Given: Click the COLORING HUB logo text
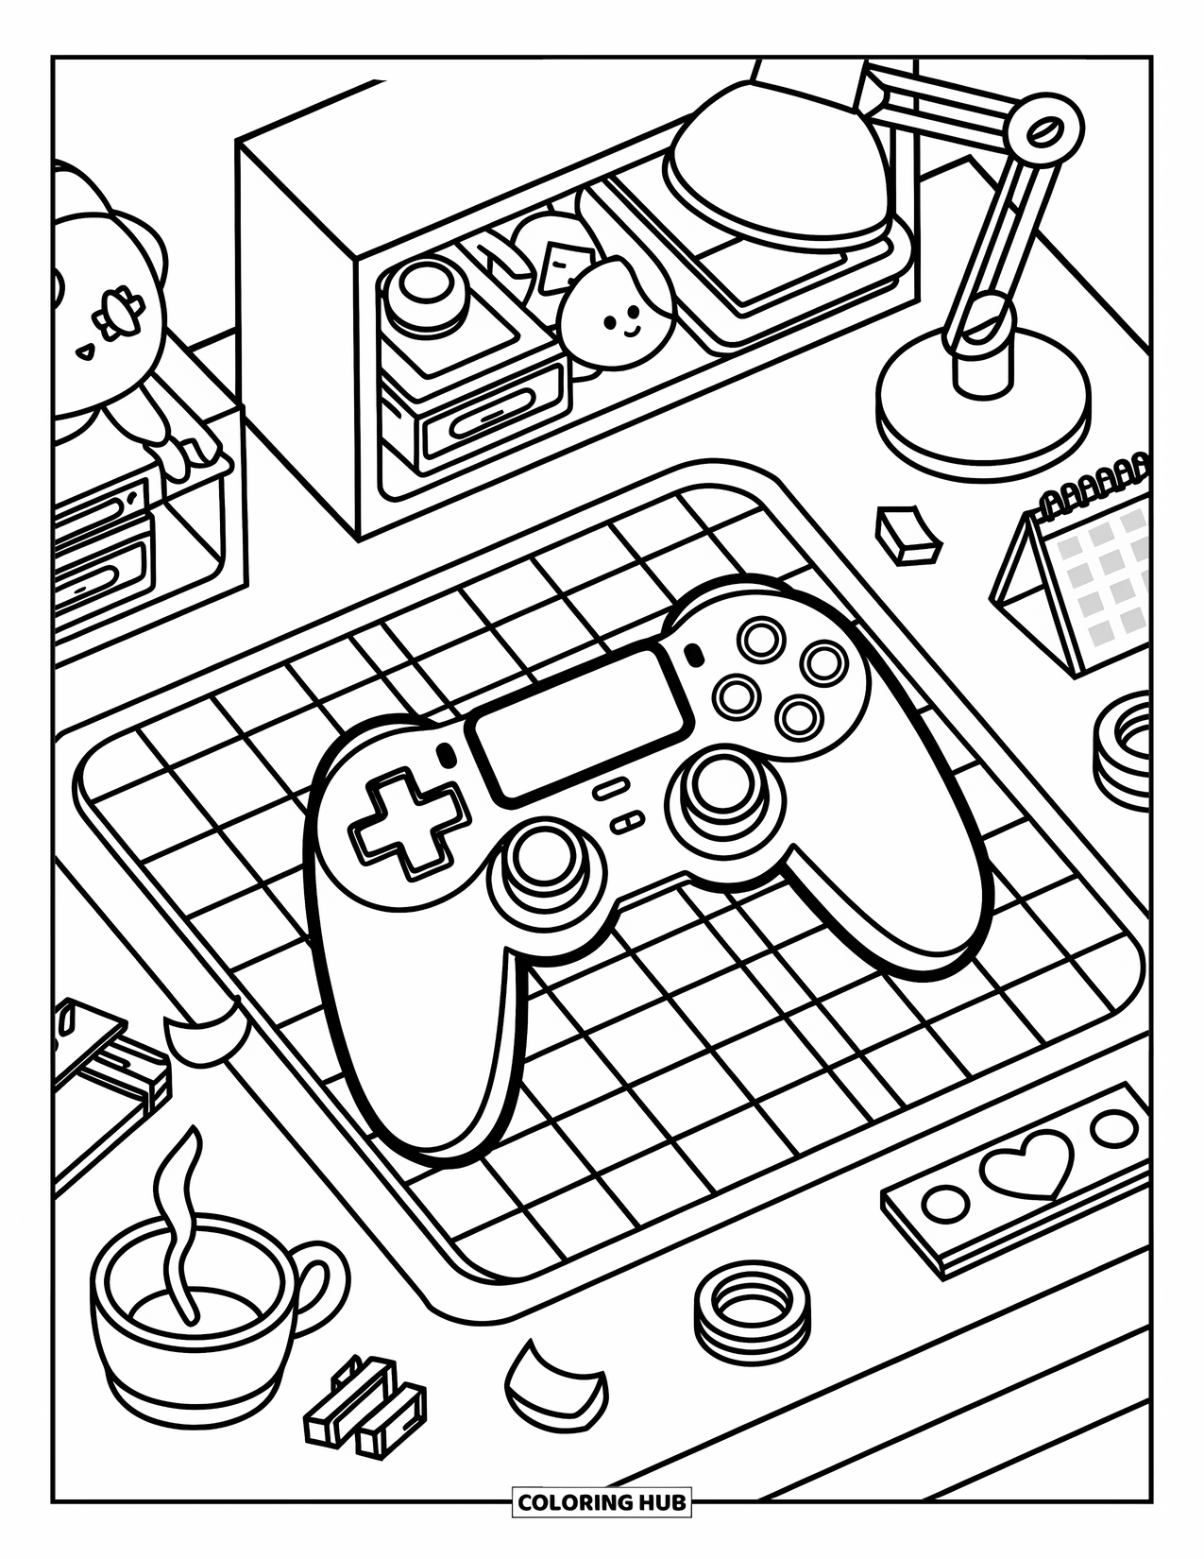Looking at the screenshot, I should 602,1528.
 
